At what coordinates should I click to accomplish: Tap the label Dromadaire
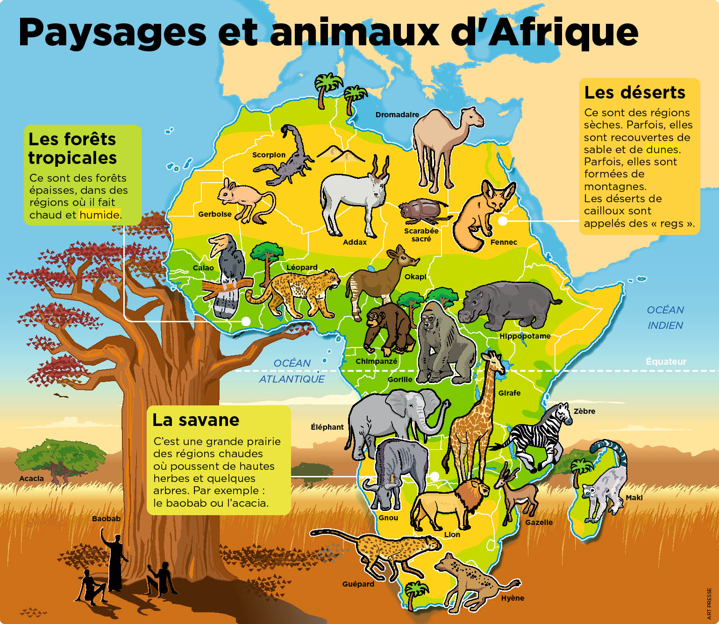[397, 114]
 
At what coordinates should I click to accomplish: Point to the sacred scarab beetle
[420, 210]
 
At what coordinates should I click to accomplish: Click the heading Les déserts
[634, 92]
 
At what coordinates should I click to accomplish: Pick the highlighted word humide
[100, 215]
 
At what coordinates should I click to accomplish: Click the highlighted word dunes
[662, 149]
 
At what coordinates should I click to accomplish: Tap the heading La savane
[196, 420]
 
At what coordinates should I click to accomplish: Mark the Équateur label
[666, 362]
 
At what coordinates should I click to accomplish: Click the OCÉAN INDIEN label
[665, 318]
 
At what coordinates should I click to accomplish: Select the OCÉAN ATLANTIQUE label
[292, 371]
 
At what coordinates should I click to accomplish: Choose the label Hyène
[513, 598]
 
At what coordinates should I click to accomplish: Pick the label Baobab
[106, 518]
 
